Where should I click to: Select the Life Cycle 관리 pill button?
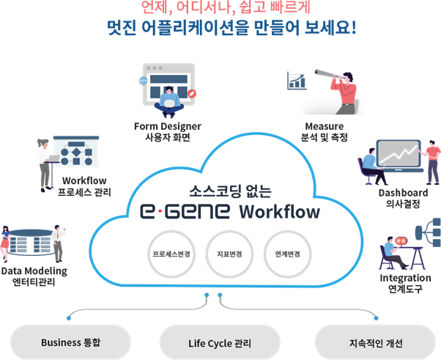pyautogui.click(x=220, y=342)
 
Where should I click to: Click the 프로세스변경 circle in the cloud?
pyautogui.click(x=168, y=254)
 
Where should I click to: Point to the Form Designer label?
pyautogui.click(x=168, y=126)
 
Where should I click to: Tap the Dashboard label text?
pyautogui.click(x=402, y=193)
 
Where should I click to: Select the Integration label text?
pyautogui.click(x=404, y=279)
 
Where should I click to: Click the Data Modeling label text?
pyautogui.click(x=34, y=271)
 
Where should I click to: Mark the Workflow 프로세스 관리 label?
pyautogui.click(x=84, y=186)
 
